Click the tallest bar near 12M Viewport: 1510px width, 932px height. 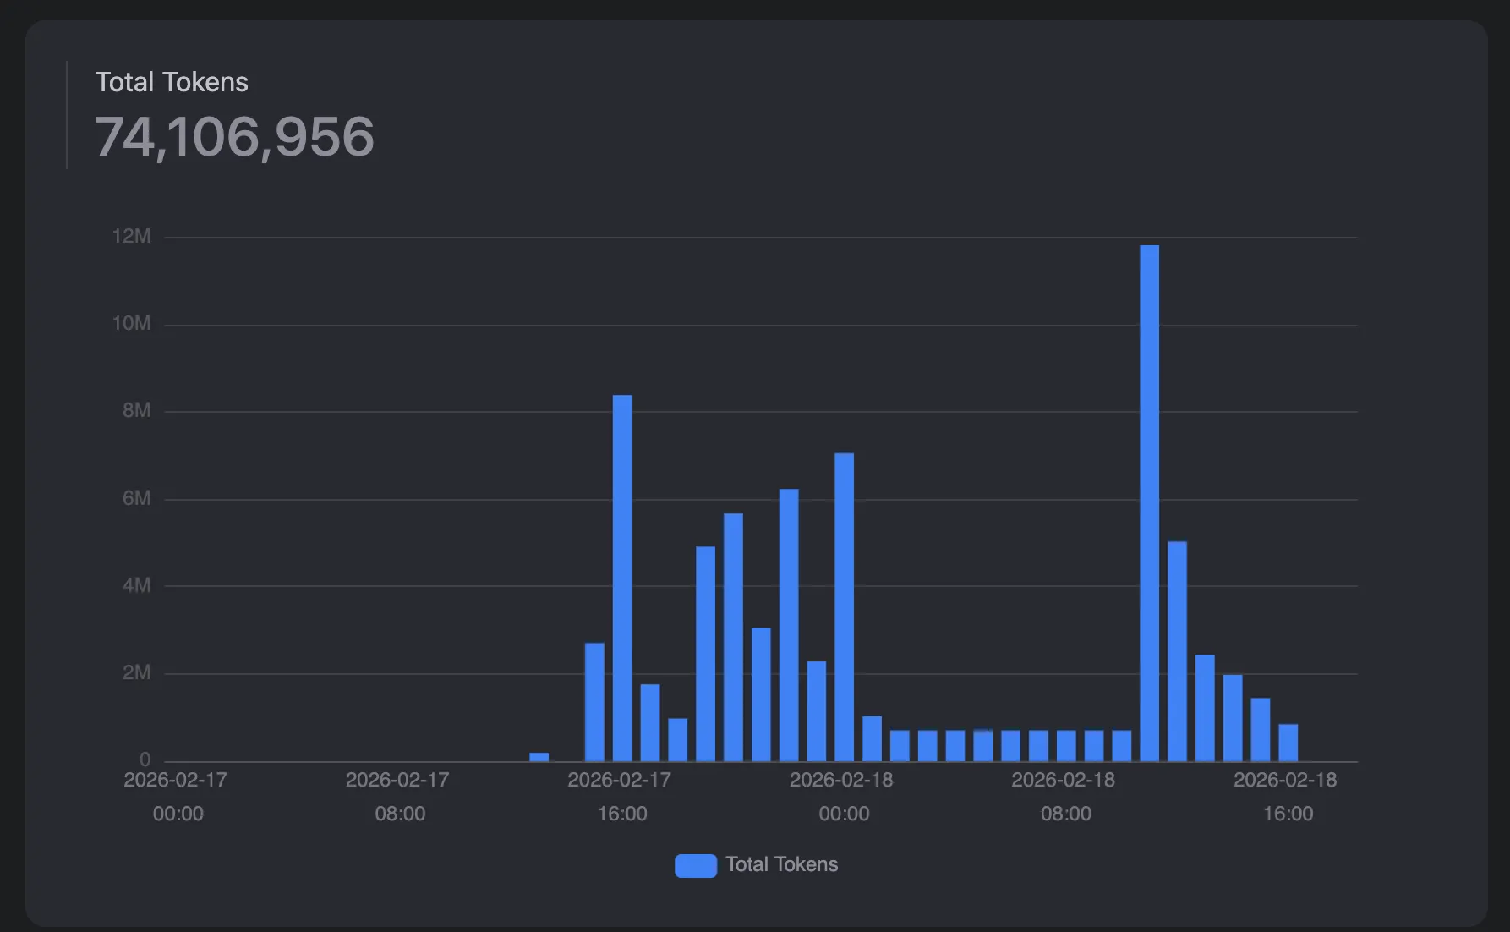(x=1149, y=503)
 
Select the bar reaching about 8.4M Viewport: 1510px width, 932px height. (x=622, y=578)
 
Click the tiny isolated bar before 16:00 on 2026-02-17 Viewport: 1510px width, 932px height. (x=539, y=757)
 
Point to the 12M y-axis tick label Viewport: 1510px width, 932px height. (x=131, y=237)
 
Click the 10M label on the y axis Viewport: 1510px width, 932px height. (x=131, y=324)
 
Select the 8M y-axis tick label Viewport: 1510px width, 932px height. (x=136, y=411)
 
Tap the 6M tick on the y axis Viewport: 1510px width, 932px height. (x=136, y=498)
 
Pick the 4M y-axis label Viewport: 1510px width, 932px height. (x=136, y=585)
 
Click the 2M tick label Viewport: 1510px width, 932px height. (x=136, y=673)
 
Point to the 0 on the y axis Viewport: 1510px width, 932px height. (x=145, y=759)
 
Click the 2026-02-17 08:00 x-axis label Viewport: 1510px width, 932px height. (x=398, y=796)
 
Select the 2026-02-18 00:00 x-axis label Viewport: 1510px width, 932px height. (x=842, y=796)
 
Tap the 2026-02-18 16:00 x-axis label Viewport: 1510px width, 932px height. (x=1286, y=796)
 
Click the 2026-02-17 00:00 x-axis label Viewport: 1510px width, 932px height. (x=176, y=796)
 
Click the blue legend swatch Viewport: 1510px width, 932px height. (x=695, y=865)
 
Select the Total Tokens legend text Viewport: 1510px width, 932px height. (x=781, y=864)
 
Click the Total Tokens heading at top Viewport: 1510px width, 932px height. (x=172, y=82)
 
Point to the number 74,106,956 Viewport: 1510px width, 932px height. (x=234, y=137)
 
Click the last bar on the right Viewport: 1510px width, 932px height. (x=1288, y=743)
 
